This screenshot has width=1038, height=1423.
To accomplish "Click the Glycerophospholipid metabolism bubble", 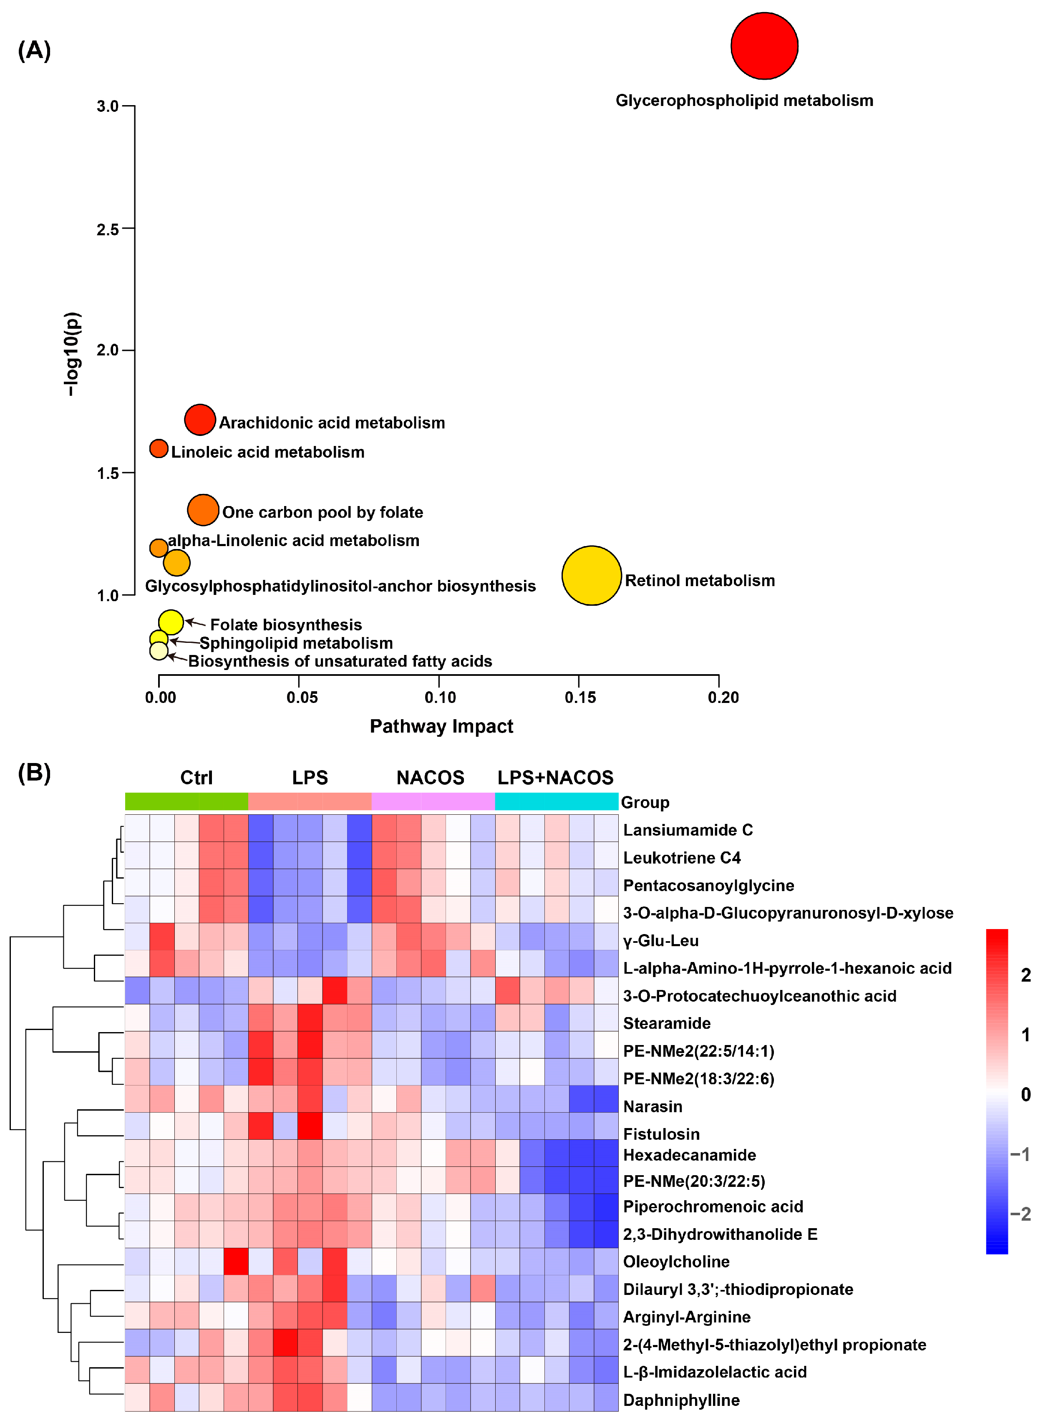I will (764, 46).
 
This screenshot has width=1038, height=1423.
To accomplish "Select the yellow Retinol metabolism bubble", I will (591, 575).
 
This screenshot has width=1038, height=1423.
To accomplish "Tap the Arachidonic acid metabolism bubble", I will (200, 420).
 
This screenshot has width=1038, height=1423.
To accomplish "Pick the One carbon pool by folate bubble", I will (203, 509).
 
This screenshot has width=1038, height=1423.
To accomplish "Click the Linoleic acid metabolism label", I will (268, 452).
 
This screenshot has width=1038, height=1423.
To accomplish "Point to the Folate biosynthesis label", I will (286, 625).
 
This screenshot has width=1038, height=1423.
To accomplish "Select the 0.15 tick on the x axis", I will (580, 698).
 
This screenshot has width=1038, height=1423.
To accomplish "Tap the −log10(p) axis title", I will (72, 354).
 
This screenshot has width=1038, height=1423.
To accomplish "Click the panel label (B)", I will (34, 773).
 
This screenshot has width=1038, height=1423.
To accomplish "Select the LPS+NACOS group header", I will (555, 778).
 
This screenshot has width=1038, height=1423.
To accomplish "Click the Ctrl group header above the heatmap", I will (197, 778).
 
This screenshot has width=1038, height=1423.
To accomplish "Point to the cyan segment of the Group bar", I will (556, 802).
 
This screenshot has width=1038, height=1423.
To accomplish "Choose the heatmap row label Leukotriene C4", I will (682, 858).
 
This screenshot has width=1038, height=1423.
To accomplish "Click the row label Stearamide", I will (667, 1023).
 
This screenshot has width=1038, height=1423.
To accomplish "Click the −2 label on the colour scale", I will (1021, 1214).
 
